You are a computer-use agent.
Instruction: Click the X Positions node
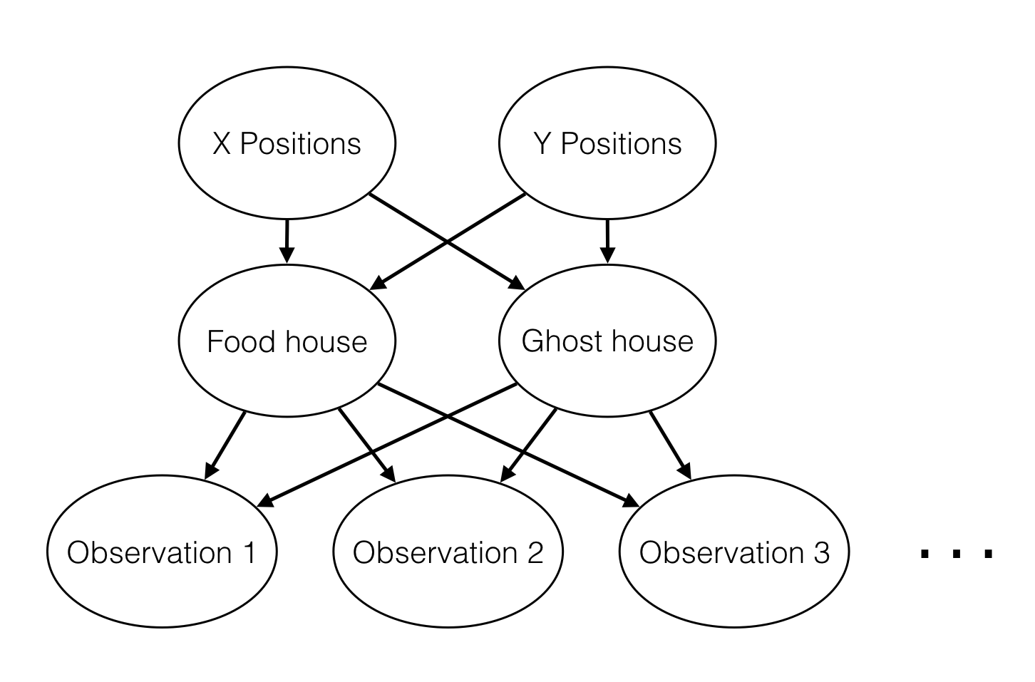click(287, 143)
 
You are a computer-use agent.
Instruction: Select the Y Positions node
click(607, 143)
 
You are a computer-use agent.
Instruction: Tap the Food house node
click(287, 341)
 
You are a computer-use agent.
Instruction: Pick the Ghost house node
click(607, 341)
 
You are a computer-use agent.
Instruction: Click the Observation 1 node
click(162, 552)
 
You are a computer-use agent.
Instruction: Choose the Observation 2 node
click(448, 552)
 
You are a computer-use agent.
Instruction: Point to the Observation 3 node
click(734, 552)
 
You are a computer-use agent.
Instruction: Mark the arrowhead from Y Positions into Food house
click(378, 284)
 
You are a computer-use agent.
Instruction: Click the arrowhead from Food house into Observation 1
click(210, 471)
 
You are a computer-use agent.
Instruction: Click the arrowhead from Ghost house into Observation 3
click(686, 472)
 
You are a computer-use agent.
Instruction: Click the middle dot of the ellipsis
click(957, 553)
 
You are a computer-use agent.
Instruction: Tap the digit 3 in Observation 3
click(821, 553)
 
